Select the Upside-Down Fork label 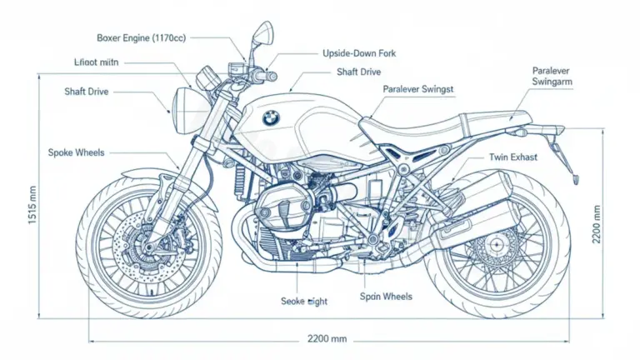point(358,53)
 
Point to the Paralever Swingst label point(418,88)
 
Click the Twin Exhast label point(513,157)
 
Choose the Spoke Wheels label point(77,152)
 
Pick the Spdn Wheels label point(386,296)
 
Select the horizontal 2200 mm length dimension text point(327,340)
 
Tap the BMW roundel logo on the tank point(271,119)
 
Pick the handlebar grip point(267,76)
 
